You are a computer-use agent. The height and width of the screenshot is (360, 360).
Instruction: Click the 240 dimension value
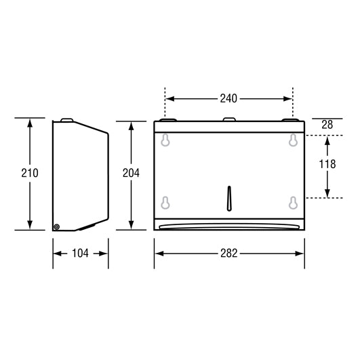pyautogui.click(x=228, y=99)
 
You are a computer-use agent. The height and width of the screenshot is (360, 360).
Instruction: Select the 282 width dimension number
pyautogui.click(x=229, y=254)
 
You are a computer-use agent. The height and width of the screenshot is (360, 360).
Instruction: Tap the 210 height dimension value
pyautogui.click(x=29, y=173)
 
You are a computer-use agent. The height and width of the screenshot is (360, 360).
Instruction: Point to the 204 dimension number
pyautogui.click(x=130, y=173)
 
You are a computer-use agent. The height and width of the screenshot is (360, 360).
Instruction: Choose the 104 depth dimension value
pyautogui.click(x=80, y=254)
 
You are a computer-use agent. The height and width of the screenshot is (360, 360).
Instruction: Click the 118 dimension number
pyautogui.click(x=328, y=165)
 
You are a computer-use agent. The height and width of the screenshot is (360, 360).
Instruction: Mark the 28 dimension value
pyautogui.click(x=328, y=125)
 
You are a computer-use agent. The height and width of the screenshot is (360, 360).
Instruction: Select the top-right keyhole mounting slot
pyautogui.click(x=293, y=140)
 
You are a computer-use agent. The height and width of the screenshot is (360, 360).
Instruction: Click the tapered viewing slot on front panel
pyautogui.click(x=229, y=196)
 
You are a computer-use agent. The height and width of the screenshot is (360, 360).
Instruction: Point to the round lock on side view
pyautogui.click(x=57, y=226)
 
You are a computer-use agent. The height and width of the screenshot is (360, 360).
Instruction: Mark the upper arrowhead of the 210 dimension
pyautogui.click(x=29, y=123)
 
